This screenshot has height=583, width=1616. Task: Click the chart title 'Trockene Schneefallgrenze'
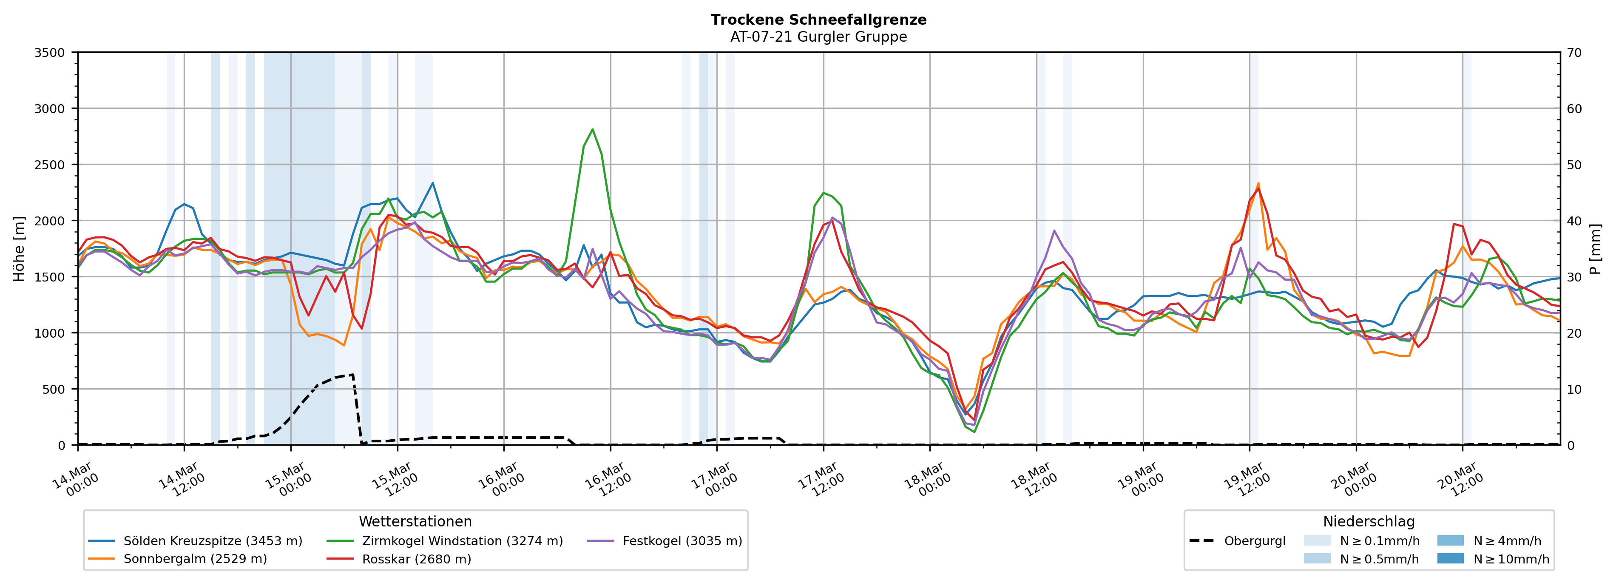818,20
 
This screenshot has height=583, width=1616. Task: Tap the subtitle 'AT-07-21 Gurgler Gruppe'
818,37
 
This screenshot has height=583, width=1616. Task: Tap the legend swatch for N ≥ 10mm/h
1450,558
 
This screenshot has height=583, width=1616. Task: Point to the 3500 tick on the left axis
50,53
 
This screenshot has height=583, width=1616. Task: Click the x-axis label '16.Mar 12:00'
607,480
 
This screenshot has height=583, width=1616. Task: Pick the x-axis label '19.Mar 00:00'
1140,480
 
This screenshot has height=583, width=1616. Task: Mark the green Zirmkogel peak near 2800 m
592,129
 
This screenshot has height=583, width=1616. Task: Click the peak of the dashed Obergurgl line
352,375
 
